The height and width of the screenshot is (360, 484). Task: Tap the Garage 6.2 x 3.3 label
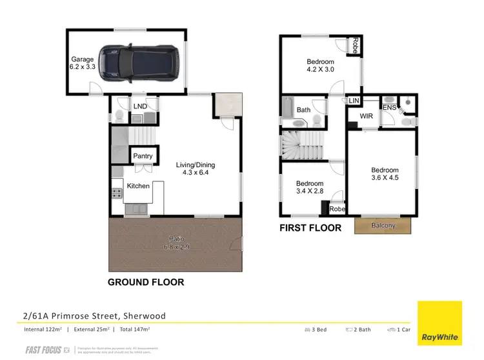pos(83,62)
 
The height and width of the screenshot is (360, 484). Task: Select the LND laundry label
pos(139,106)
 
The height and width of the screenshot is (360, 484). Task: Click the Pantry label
pos(142,156)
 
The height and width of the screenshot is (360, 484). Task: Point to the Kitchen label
pos(138,186)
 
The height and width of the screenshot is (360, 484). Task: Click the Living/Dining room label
pos(196,169)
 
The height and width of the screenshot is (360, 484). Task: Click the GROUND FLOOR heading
pos(145,282)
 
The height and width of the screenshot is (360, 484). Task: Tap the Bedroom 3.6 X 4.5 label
pos(385,175)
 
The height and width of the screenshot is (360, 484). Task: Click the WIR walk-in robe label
pos(367,117)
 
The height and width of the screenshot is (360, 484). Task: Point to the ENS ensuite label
pos(390,108)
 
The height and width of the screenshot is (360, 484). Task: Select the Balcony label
pos(384,225)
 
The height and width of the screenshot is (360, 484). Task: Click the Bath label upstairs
pos(303,110)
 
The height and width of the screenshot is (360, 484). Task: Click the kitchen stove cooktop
pos(117,192)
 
